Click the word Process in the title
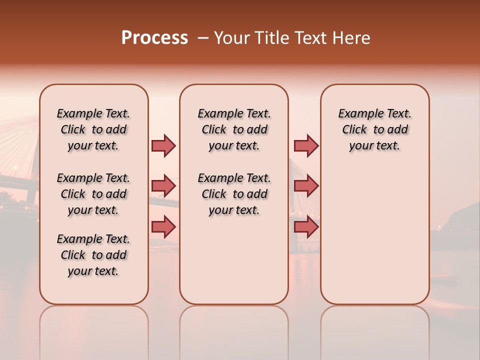coord(154,38)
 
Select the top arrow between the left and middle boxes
coord(163,145)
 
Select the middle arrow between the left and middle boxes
coord(163,186)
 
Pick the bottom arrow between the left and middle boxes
coord(163,227)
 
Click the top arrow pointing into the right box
coord(306,145)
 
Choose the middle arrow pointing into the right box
coord(306,186)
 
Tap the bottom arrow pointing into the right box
coord(306,227)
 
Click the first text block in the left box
coord(93,129)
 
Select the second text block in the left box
coord(93,194)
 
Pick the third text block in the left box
coord(93,255)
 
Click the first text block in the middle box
coord(234,129)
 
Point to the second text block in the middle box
coord(234,194)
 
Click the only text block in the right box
coord(375,129)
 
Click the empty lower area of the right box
coord(375,235)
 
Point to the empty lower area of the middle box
coord(234,260)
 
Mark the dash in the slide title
coord(203,38)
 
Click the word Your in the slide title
coord(231,38)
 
